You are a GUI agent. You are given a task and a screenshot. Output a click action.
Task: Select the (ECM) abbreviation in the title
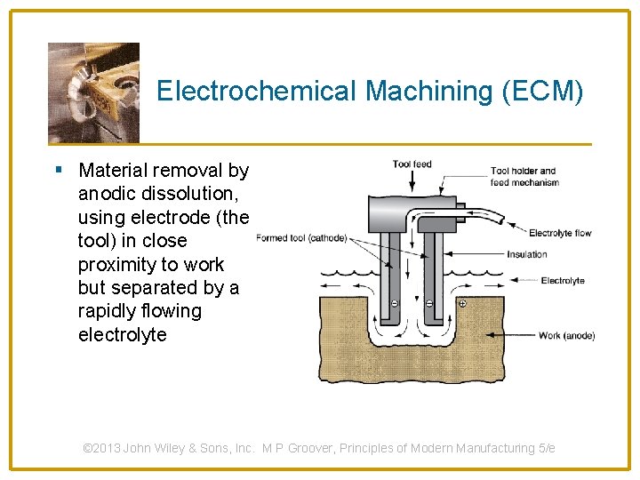(x=545, y=91)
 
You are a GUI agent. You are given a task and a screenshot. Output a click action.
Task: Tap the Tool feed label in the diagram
(x=412, y=164)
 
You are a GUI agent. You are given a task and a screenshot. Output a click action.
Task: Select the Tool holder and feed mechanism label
(x=524, y=176)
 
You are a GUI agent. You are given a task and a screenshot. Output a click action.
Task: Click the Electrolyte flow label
(x=560, y=234)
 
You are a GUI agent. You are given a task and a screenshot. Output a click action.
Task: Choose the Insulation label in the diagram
(x=526, y=254)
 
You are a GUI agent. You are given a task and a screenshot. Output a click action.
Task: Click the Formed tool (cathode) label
(x=301, y=237)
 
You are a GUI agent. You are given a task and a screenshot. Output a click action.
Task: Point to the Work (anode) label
(x=566, y=335)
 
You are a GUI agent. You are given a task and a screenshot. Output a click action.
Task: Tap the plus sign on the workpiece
(x=462, y=304)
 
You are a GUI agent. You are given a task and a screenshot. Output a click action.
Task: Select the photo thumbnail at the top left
(x=93, y=92)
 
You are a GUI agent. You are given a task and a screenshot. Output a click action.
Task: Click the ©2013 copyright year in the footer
(x=102, y=448)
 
